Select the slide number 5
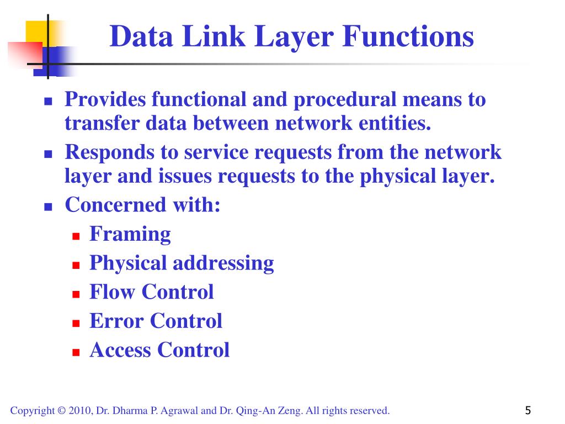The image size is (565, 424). point(528,410)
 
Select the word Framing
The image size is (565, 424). point(130,234)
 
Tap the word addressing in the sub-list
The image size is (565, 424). point(223,263)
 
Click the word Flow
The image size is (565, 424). point(113,291)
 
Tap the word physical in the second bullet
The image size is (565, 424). point(395,176)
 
